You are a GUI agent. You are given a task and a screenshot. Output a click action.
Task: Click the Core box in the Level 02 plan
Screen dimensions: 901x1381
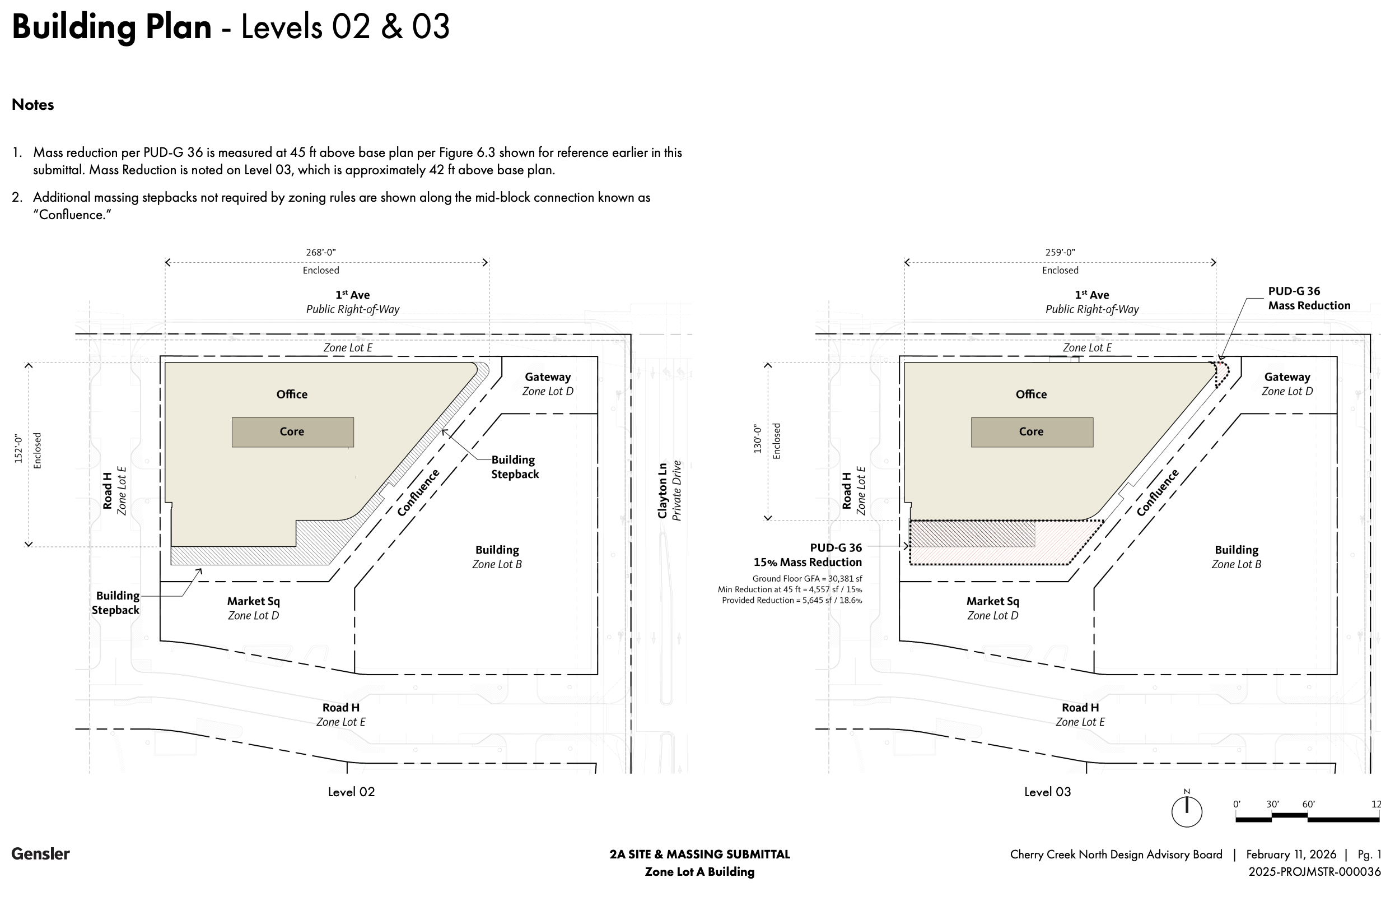click(292, 432)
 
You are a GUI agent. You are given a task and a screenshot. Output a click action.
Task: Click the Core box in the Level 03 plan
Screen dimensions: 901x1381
click(1032, 432)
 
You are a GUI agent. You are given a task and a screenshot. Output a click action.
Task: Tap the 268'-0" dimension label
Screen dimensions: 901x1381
click(321, 253)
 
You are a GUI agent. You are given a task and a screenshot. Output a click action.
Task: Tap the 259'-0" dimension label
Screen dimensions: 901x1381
click(1060, 253)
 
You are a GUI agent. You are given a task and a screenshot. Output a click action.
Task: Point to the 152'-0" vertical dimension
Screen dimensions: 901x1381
click(18, 449)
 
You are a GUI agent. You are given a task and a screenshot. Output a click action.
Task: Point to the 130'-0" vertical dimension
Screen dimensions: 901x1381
click(758, 439)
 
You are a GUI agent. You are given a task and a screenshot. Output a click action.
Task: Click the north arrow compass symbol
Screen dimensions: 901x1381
click(1187, 810)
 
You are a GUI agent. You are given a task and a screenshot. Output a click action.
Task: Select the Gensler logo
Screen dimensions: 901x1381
click(41, 853)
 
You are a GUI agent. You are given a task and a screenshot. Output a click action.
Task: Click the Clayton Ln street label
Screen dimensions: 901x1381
click(662, 490)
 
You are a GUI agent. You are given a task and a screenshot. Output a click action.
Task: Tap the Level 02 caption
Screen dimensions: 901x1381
click(351, 792)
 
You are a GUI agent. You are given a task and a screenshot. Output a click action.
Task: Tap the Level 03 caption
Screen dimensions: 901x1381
click(1047, 792)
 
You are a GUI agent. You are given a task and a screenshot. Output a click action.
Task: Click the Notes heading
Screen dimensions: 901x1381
click(33, 104)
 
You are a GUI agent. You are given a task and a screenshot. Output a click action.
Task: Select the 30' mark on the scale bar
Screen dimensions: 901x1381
click(1272, 805)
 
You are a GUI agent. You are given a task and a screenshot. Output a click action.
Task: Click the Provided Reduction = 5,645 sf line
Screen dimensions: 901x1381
click(791, 600)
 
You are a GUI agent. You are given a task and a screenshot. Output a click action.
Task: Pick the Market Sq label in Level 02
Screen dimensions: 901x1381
click(254, 601)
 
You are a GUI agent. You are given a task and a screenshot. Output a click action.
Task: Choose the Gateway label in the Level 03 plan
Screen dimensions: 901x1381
click(1287, 377)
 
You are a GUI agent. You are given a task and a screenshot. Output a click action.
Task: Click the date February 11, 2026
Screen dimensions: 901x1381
click(1291, 854)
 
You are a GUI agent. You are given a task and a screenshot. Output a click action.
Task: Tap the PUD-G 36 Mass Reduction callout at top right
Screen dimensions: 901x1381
click(1308, 299)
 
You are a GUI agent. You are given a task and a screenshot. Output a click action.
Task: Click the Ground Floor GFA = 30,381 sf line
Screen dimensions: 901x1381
click(806, 579)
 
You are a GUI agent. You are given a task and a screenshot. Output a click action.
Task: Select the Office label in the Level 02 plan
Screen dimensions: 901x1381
click(292, 395)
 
